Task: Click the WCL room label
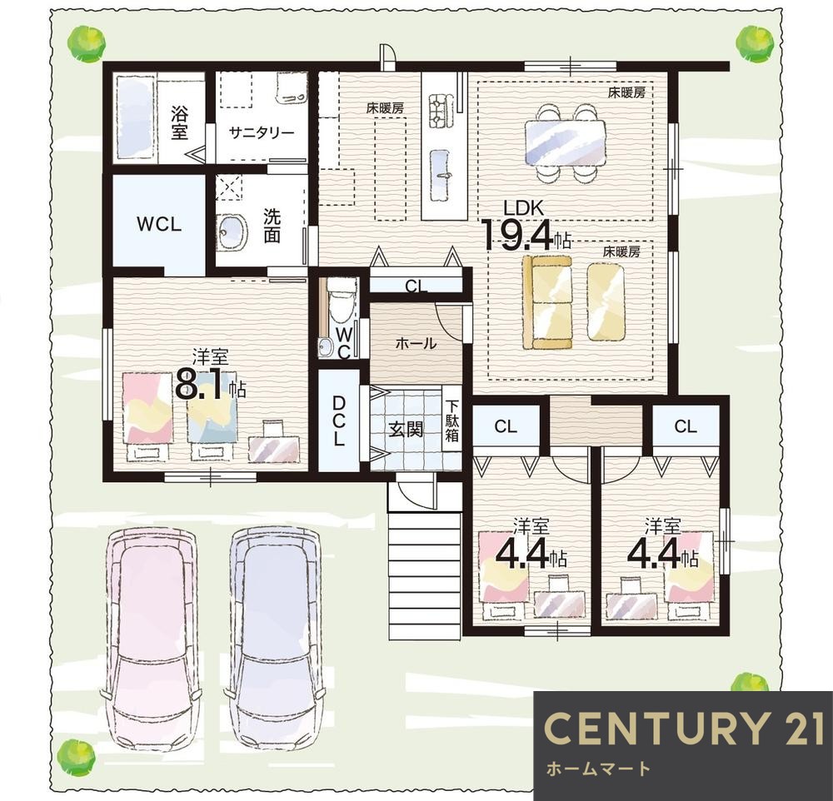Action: click(159, 224)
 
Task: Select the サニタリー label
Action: click(262, 132)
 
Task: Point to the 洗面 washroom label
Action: click(272, 226)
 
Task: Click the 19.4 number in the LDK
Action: click(518, 236)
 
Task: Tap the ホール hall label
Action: click(416, 344)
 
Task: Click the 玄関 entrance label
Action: click(406, 429)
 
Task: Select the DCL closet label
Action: click(339, 422)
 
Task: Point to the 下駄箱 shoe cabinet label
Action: click(452, 420)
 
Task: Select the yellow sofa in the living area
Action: click(547, 302)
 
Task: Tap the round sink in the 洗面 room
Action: click(232, 231)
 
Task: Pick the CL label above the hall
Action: click(416, 286)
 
